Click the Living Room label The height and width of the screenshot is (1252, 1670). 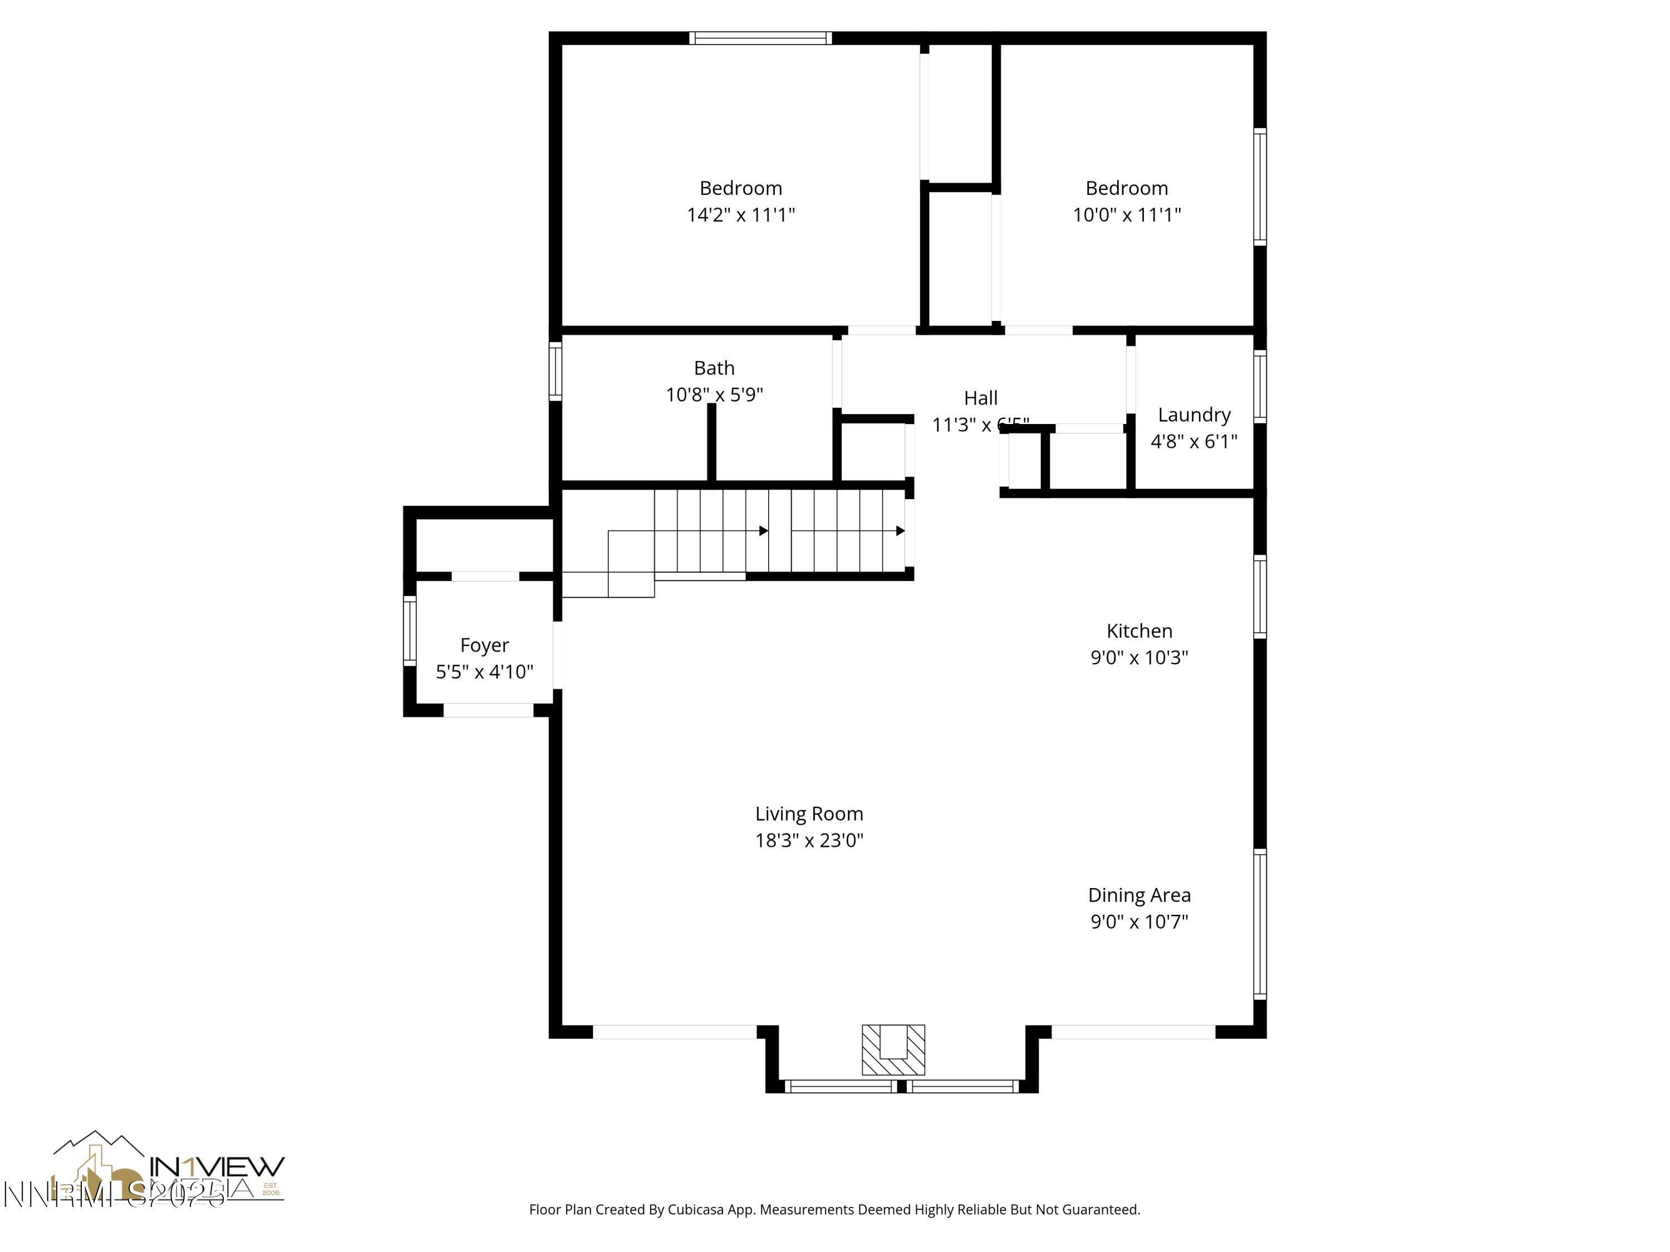pos(809,814)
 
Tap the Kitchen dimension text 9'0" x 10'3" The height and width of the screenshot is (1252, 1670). pos(1138,657)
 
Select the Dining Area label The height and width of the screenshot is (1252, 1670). pos(1138,895)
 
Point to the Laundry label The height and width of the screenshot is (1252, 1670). pos(1193,415)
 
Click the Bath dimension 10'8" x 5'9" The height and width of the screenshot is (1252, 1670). pos(714,395)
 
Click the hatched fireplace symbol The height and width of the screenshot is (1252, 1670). pos(893,1050)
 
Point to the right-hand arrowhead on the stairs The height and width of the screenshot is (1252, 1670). pos(900,531)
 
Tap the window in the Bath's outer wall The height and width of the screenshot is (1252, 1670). pos(555,371)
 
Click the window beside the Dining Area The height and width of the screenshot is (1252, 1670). pos(1259,924)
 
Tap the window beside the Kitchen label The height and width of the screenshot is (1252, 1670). pos(1259,597)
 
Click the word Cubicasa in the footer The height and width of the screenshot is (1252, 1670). pos(696,1210)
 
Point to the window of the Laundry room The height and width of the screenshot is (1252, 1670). pos(1259,386)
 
